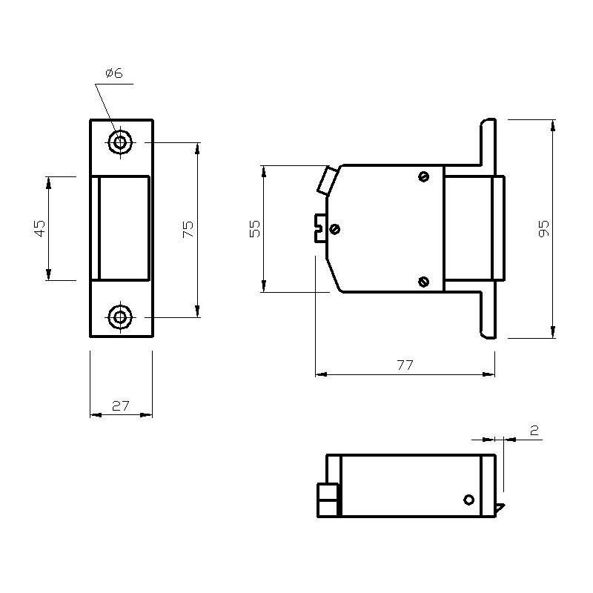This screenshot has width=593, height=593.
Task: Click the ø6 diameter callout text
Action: (x=114, y=73)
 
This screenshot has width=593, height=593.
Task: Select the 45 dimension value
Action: (x=40, y=228)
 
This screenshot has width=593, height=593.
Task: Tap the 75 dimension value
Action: (x=188, y=228)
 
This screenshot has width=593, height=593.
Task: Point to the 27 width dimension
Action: (x=121, y=405)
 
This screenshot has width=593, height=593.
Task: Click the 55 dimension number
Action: (x=254, y=228)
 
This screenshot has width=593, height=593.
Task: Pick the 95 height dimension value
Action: (x=544, y=228)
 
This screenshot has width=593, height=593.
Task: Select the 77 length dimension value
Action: (x=405, y=365)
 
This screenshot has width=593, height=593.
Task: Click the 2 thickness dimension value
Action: (x=534, y=430)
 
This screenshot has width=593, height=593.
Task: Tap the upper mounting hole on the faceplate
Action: (x=119, y=142)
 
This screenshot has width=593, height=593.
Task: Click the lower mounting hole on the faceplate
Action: (x=119, y=318)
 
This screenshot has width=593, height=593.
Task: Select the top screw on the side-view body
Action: (x=423, y=176)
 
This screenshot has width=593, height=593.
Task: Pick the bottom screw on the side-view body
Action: (x=423, y=281)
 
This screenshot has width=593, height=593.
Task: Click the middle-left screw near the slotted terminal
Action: (x=334, y=229)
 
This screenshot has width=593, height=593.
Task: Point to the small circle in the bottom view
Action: (x=468, y=499)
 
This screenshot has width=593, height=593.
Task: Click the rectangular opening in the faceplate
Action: (x=122, y=228)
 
